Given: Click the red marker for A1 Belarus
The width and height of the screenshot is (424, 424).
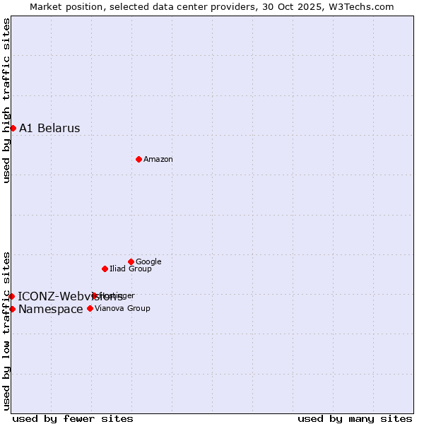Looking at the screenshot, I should click(13, 128).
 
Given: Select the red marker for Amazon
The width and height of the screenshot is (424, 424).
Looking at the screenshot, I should click(139, 159).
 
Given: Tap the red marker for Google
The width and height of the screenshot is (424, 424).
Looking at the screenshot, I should click(131, 261).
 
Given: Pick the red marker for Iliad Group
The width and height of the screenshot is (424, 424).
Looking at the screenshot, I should click(105, 269).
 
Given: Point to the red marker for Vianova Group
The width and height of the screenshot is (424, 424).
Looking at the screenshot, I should click(90, 308).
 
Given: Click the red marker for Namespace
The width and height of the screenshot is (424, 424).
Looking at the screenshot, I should click(13, 309).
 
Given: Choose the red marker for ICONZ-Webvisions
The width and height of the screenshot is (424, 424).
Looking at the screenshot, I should click(12, 296).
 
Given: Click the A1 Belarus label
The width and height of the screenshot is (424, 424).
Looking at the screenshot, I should click(49, 128).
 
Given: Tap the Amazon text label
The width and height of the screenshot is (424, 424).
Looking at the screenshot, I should click(158, 159).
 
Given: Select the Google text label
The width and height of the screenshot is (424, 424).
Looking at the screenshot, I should click(148, 261).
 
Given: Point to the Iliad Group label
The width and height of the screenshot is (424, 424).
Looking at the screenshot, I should click(131, 269).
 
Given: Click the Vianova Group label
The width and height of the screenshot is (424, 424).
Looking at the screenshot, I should click(122, 308).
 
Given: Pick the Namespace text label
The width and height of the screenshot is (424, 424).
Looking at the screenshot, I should click(51, 310).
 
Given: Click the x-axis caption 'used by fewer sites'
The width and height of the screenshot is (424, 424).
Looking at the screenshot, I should click(73, 418).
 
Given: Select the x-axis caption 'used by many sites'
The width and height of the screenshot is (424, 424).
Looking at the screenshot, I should click(355, 418).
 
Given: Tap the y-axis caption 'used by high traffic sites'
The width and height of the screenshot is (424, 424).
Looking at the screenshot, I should click(6, 100).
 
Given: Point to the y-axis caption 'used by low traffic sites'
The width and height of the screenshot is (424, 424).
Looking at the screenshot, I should click(6, 331).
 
